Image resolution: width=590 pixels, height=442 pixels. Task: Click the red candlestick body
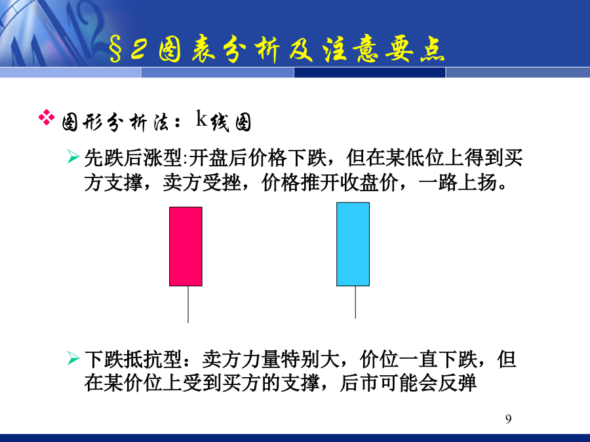186,247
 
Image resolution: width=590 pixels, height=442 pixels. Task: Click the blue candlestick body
353,244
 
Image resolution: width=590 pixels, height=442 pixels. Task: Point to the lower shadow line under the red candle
188,304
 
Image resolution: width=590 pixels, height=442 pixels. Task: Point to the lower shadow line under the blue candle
355,302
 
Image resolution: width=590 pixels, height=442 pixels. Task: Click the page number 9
508,418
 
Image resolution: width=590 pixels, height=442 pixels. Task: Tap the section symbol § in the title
115,50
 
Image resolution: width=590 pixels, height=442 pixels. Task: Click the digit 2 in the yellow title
138,49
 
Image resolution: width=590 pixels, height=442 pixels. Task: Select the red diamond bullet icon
47,117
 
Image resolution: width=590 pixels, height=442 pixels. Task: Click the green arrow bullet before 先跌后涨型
73,157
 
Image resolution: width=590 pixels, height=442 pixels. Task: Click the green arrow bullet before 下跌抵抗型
73,358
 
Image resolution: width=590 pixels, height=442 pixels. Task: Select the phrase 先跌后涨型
133,157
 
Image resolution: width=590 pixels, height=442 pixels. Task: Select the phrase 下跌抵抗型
133,359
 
